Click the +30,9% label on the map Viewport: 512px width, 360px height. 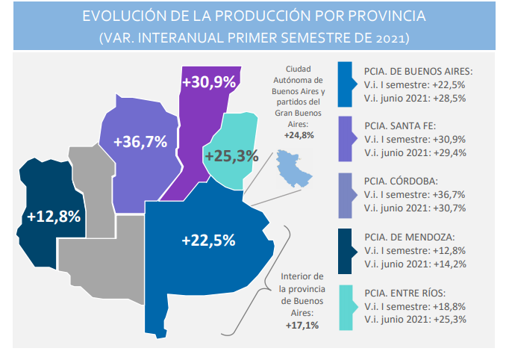pos(209,82)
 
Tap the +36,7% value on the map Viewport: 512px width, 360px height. pos(140,142)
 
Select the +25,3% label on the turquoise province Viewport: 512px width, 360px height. pos(232,156)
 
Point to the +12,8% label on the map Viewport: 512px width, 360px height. pos(54,217)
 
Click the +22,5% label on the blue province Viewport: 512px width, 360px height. pos(208,240)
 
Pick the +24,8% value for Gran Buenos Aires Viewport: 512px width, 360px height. pos(299,135)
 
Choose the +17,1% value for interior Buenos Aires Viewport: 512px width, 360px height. pos(302,326)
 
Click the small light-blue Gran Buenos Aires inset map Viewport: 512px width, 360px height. pos(293,168)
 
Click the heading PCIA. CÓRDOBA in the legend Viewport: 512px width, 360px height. pos(401,181)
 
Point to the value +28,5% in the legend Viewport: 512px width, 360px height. pos(449,99)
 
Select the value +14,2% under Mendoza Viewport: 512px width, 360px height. pos(449,264)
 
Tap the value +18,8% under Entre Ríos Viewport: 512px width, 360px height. pos(449,307)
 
